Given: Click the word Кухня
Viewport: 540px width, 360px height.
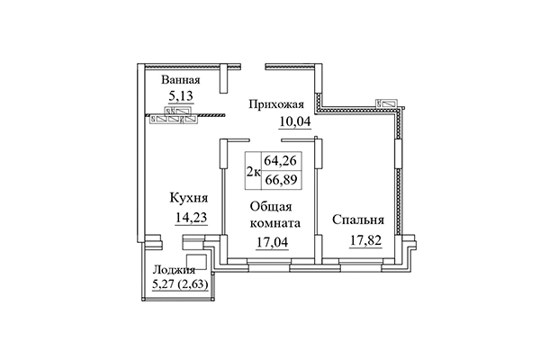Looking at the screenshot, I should pyautogui.click(x=189, y=197).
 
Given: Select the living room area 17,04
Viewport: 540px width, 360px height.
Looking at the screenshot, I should pyautogui.click(x=272, y=240).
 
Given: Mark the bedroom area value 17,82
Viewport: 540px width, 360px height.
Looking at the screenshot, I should pyautogui.click(x=367, y=239).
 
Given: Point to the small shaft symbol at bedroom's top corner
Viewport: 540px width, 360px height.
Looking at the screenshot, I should pyautogui.click(x=388, y=103).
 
